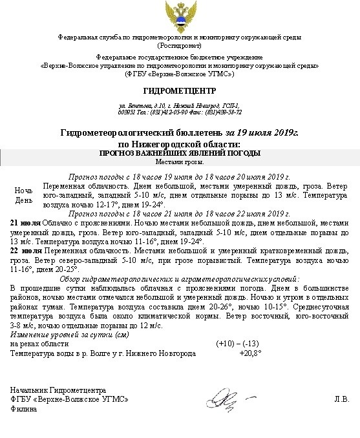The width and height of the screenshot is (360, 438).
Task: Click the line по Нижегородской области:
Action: (x=179, y=143)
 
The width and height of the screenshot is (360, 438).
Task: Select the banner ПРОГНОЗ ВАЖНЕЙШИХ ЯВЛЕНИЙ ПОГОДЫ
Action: (x=179, y=153)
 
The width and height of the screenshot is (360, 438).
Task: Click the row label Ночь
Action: (x=24, y=191)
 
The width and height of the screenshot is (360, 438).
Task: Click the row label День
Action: (x=24, y=200)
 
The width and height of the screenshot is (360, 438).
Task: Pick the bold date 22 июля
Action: (x=25, y=250)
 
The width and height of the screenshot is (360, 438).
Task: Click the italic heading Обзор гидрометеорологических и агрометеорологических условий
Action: (x=179, y=278)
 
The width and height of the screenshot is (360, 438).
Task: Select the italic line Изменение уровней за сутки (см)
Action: (x=61, y=335)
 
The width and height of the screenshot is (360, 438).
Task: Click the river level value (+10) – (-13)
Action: (x=238, y=344)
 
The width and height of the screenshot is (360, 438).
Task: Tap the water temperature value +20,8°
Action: (x=249, y=353)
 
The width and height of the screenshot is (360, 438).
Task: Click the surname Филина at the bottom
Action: (x=23, y=409)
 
